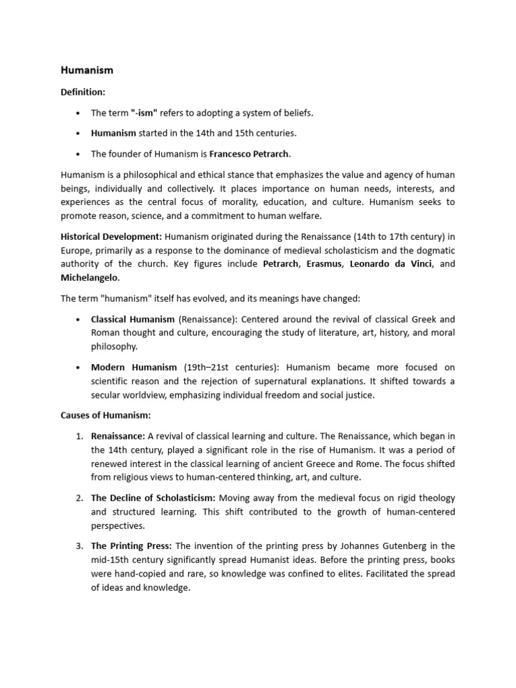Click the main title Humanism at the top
tap(87, 70)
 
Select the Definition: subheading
tap(83, 91)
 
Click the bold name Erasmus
tap(324, 263)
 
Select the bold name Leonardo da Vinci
tap(392, 263)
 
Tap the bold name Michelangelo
tap(89, 277)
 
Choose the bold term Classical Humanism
tap(133, 319)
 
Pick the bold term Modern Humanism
tap(134, 368)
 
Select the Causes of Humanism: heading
tap(105, 416)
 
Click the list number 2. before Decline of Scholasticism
tap(79, 498)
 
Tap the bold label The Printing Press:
tap(131, 546)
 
